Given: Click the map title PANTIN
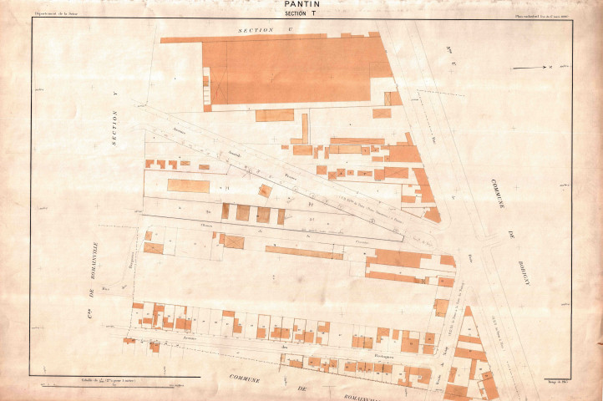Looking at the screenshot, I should [x=301, y=5].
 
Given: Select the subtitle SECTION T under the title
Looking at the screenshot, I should [x=301, y=14].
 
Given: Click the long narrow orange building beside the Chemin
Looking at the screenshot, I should [x=304, y=251].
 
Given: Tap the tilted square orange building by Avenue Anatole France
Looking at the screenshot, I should [x=265, y=190].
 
